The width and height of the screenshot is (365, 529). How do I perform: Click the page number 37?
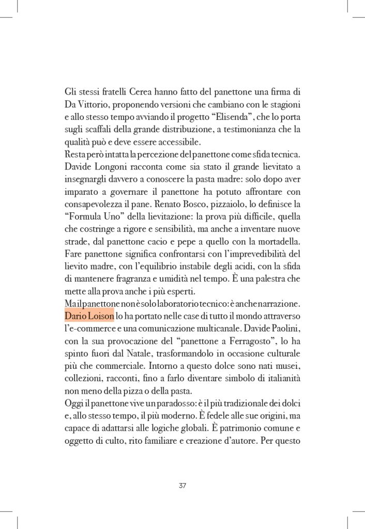click(x=182, y=486)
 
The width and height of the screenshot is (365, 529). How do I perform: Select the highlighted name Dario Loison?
click(x=89, y=315)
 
